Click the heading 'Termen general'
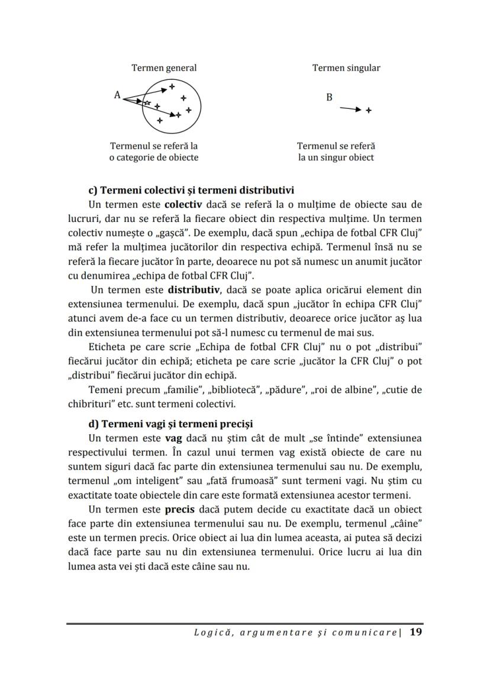(164, 68)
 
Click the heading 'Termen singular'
(346, 68)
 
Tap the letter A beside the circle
(117, 95)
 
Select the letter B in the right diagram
(329, 97)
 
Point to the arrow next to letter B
(349, 109)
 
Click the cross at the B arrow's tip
(369, 110)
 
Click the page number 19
(415, 632)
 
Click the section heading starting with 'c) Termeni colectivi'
(191, 191)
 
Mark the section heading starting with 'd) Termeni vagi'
(170, 424)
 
